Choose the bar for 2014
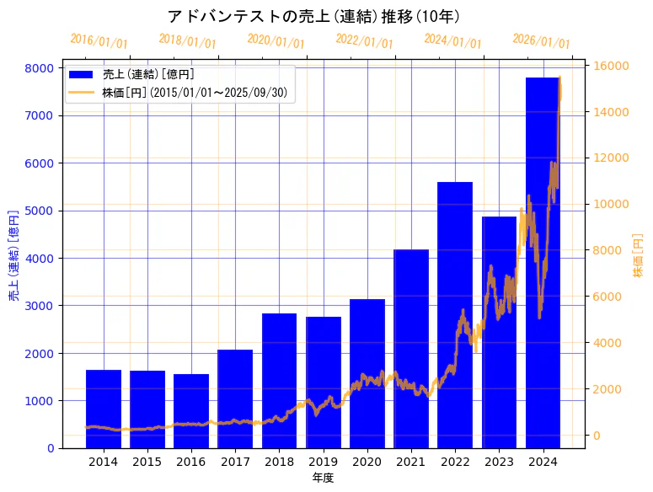pyautogui.click(x=104, y=409)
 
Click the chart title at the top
pyautogui.click(x=313, y=17)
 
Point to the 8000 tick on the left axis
pyautogui.click(x=42, y=68)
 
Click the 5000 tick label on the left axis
pyautogui.click(x=42, y=211)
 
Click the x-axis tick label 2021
pyautogui.click(x=411, y=463)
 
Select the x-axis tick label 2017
pyautogui.click(x=235, y=463)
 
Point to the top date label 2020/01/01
pyautogui.click(x=276, y=40)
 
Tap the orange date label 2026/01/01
pyautogui.click(x=541, y=40)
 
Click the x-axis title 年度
pyautogui.click(x=323, y=478)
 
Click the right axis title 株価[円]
pyautogui.click(x=638, y=256)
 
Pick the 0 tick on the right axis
pyautogui.click(x=597, y=435)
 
